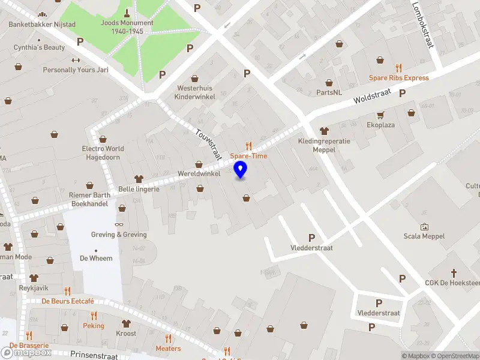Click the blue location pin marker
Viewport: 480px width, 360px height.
coord(241,169)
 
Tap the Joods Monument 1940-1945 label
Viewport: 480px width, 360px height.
coord(127,27)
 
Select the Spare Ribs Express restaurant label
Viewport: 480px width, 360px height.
coord(399,78)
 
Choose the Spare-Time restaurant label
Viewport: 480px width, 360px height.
coord(248,156)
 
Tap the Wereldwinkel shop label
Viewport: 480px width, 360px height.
coord(199,173)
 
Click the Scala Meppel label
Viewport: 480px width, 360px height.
coord(424,236)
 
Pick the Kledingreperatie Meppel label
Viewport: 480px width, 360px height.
coord(324,145)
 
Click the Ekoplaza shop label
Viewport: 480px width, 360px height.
coord(381,125)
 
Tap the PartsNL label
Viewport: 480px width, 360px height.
coord(329,92)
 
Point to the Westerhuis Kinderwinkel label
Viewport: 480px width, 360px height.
coord(195,92)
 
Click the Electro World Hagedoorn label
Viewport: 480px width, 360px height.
coord(103,152)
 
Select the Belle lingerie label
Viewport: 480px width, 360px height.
coord(139,188)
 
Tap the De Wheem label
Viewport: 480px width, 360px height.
coord(96,258)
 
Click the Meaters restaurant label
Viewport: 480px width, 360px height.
coord(168,348)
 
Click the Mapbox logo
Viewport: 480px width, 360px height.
coord(26,353)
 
